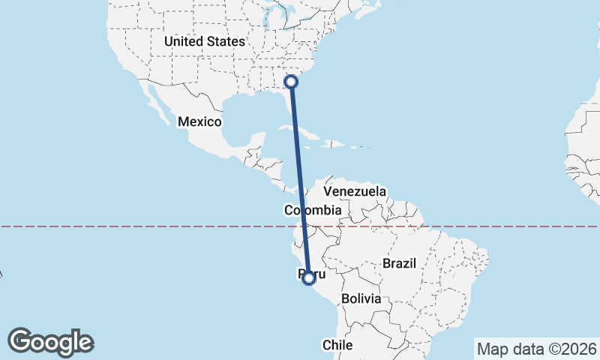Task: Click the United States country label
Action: tap(204, 42)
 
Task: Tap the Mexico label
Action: tap(199, 121)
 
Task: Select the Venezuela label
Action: tap(355, 191)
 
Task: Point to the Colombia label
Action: tap(313, 211)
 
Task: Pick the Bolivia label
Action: tap(361, 298)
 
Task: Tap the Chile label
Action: tap(337, 345)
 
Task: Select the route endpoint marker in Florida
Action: tap(292, 81)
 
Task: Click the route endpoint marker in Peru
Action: tap(308, 278)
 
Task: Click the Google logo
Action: tap(50, 342)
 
